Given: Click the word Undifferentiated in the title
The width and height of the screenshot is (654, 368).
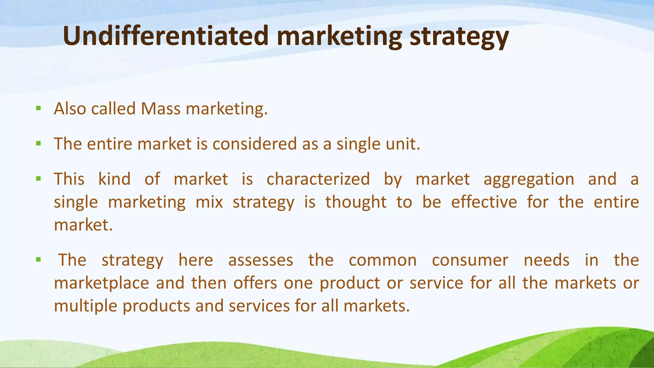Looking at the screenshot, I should pos(165,36).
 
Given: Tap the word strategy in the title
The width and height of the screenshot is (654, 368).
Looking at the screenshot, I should pos(459,37).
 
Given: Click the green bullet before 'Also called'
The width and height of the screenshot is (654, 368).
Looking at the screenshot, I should pos(39,109).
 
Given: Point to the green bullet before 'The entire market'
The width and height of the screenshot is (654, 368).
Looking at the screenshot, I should pos(39,144).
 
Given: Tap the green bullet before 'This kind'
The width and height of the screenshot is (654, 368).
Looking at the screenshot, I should pos(39,179).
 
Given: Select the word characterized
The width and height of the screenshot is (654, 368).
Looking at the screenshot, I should pos(318,179).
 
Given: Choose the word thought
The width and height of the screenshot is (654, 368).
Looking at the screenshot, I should pos(356,203).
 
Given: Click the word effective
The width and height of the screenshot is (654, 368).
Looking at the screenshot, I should pos(484,202).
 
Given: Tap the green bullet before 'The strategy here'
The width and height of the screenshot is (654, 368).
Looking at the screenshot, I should pos(39,259).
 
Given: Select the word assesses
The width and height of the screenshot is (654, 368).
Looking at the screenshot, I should pos(261,260).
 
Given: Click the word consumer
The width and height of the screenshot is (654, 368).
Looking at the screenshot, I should pos(470,260).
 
